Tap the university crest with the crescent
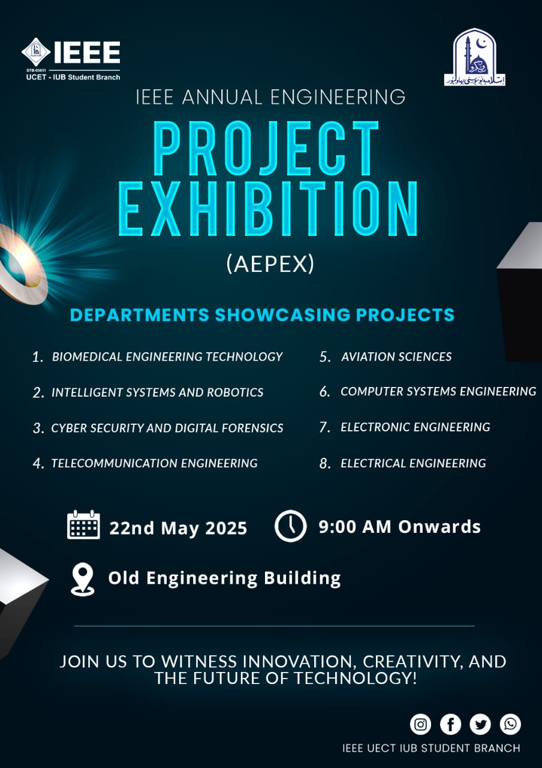pos(474,57)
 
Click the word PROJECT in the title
pos(267,148)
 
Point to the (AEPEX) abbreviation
pos(270,265)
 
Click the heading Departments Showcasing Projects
pos(262,314)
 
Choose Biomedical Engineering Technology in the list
pos(167,357)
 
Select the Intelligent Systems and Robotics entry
pos(157,392)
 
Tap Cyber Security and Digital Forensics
pos(167,428)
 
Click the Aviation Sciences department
pos(396,357)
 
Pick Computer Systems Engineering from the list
pos(438,392)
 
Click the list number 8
pos(326,464)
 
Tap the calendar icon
pos(83,525)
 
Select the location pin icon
pos(83,579)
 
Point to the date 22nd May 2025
pos(178,528)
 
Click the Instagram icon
pos(420,724)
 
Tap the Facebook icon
pos(450,724)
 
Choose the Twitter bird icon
pos(480,724)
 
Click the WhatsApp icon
pos(510,724)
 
